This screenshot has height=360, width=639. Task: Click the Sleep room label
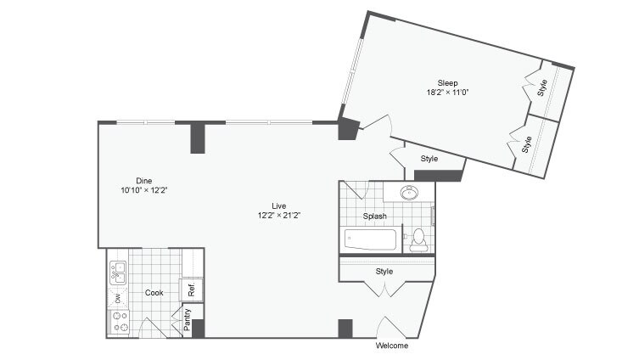(x=448, y=82)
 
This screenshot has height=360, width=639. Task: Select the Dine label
(x=144, y=179)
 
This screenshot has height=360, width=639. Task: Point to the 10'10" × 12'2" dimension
(x=144, y=189)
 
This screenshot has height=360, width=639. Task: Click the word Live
(x=278, y=205)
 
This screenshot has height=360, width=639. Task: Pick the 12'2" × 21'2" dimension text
(x=278, y=216)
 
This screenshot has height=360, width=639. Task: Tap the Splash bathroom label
(x=375, y=217)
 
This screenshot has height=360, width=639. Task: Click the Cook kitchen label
(x=154, y=293)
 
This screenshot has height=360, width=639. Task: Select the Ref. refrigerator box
(x=192, y=290)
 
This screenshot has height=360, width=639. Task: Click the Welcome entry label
(x=391, y=346)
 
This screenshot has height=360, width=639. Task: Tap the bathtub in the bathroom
(x=371, y=239)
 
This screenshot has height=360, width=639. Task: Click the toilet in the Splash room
(x=418, y=240)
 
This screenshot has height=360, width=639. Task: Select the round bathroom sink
(x=409, y=192)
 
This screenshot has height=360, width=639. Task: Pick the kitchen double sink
(x=118, y=272)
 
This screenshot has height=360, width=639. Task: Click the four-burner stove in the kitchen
(x=119, y=322)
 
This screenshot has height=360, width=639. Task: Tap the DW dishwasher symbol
(x=118, y=297)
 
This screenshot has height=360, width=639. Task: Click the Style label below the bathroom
(x=384, y=272)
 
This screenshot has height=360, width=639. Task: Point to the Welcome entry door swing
(x=393, y=328)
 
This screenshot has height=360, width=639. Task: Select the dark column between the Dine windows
(x=198, y=138)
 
